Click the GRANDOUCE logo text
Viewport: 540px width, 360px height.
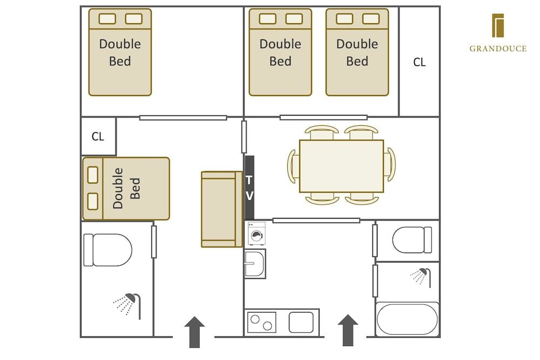(x=497, y=49)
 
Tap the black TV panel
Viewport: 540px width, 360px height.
(x=249, y=187)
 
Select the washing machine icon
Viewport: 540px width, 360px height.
(x=256, y=234)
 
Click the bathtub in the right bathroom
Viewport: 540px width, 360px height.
(x=407, y=319)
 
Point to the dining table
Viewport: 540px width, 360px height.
(x=341, y=166)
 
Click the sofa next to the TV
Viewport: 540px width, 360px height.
(x=221, y=209)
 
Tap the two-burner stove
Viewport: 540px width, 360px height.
(x=262, y=322)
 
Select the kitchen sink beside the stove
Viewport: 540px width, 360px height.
(x=301, y=322)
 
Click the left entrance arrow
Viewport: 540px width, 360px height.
(x=194, y=331)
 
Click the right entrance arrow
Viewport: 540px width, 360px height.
(x=348, y=330)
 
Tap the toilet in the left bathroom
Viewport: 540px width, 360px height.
(x=108, y=250)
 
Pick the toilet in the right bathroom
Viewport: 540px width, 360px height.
(x=411, y=240)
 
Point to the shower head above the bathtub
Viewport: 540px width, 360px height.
(x=421, y=276)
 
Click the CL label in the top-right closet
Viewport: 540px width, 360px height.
(x=419, y=62)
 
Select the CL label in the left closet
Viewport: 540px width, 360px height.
(x=98, y=137)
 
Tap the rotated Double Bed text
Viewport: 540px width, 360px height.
(x=126, y=188)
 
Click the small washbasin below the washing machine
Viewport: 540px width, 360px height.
(x=254, y=263)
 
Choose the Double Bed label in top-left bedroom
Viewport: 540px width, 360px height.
(x=120, y=52)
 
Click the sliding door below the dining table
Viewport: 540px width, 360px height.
(x=316, y=220)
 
